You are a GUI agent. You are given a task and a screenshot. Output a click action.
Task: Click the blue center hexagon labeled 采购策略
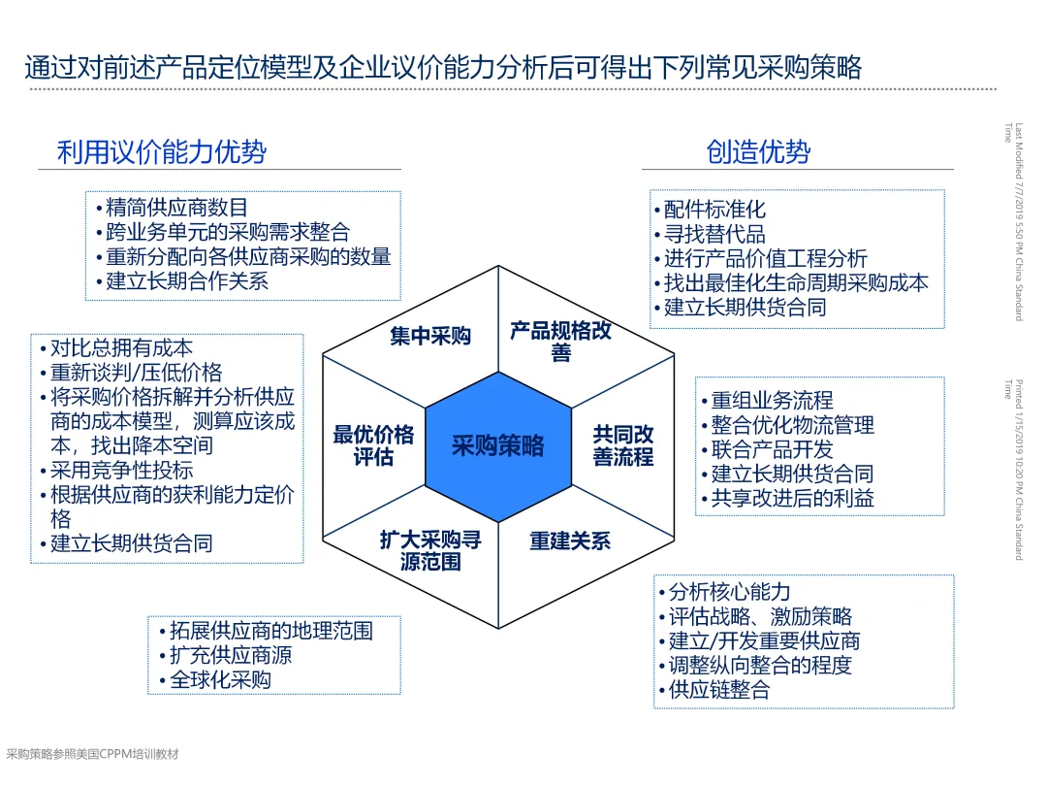[x=498, y=446]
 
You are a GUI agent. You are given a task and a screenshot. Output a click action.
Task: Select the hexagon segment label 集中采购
[x=430, y=336]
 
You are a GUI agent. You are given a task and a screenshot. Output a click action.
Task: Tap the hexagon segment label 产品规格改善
[x=561, y=341]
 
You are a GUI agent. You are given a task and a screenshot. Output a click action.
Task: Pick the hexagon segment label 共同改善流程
[x=623, y=445]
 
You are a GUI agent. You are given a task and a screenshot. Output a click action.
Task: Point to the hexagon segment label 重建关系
[x=570, y=540]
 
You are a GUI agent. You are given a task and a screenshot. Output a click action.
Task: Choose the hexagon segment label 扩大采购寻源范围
[x=430, y=551]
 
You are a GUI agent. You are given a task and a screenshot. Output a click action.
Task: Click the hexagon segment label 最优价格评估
[x=373, y=445]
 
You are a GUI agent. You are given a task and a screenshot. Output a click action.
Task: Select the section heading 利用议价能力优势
[x=162, y=152]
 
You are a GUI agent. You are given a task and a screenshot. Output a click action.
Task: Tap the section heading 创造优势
[x=758, y=151]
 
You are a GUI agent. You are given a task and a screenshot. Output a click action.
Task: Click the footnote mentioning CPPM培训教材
[x=93, y=754]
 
